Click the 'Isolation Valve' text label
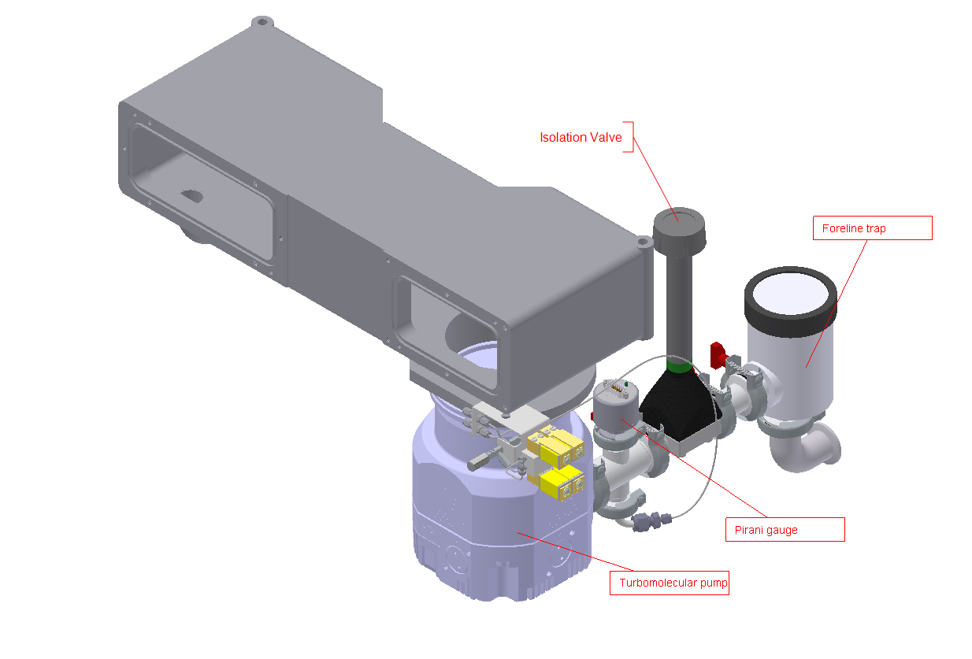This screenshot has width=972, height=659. pos(581,137)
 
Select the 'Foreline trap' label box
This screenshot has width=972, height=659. pos(871,228)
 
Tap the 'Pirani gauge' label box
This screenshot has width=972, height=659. pos(784,529)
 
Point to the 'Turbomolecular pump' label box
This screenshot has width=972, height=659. pos(669,583)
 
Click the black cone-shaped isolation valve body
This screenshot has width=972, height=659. pos(676,402)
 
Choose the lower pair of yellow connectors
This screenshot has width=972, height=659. pos(561,482)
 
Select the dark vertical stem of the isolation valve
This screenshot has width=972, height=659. pos(678,299)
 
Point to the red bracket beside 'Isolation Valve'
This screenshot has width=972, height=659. pos(629,136)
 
